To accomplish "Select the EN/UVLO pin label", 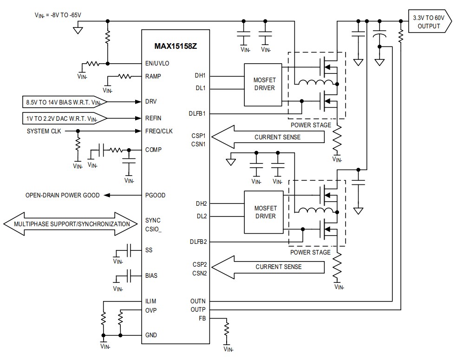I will pyautogui.click(x=157, y=64).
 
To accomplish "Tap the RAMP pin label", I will pyautogui.click(x=153, y=76).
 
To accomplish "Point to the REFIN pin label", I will pyautogui.click(x=153, y=118).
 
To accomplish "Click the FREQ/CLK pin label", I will pyautogui.click(x=159, y=131).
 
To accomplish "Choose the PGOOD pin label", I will pyautogui.click(x=155, y=195).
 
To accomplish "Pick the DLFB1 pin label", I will pyautogui.click(x=198, y=113).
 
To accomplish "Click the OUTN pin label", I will pyautogui.click(x=198, y=301).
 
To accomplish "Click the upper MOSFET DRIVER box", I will pyautogui.click(x=263, y=84).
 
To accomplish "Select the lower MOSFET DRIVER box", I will pyautogui.click(x=263, y=212).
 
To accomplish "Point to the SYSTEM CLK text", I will pyautogui.click(x=44, y=131).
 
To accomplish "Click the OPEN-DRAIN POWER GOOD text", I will pyautogui.click(x=62, y=195).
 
